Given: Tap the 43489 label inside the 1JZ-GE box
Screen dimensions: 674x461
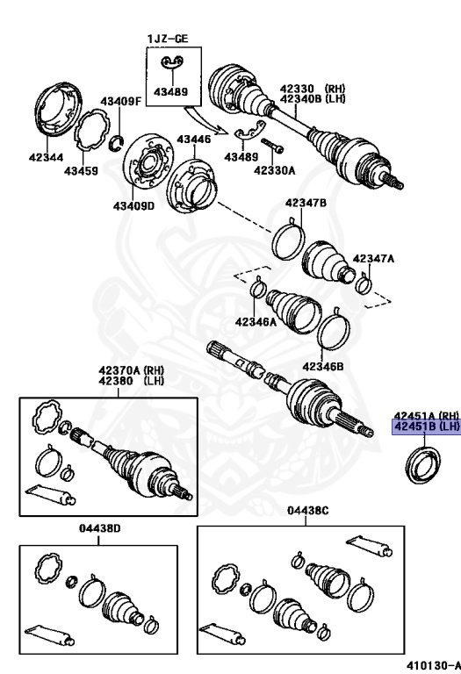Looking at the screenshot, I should click(x=172, y=90).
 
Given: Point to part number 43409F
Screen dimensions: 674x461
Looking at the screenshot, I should click(x=119, y=102).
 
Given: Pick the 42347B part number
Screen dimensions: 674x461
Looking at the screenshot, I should click(x=306, y=204).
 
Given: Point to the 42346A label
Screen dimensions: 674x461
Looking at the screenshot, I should click(x=255, y=322).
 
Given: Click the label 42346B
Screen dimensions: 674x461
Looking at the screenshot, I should click(x=322, y=366).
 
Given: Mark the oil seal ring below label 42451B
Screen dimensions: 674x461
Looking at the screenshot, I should click(x=420, y=462).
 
